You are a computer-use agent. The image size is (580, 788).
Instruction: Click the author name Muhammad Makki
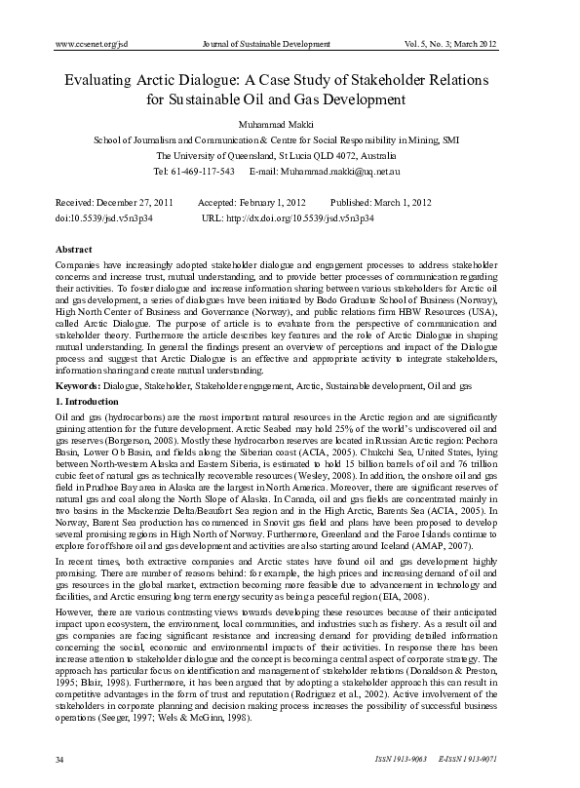290,124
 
